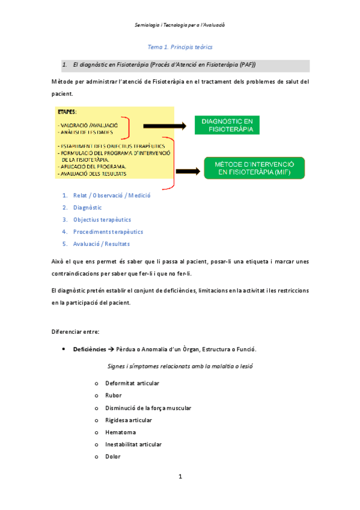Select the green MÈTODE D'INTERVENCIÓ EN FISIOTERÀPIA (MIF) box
click(254, 168)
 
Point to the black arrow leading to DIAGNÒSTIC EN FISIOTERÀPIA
click(165, 126)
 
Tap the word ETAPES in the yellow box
click(67, 112)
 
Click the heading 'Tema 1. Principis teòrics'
click(180, 46)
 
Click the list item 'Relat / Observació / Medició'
click(111, 195)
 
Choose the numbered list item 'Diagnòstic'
click(87, 207)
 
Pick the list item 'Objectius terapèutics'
click(102, 220)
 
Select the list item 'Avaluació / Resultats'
click(101, 244)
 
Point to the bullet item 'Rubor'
click(113, 395)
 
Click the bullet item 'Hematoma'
click(120, 432)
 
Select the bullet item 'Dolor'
click(112, 456)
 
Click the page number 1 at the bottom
click(180, 477)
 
